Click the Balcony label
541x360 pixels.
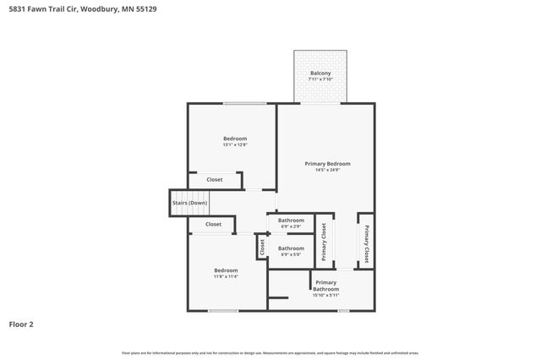[320, 74]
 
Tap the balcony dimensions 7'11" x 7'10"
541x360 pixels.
[320, 79]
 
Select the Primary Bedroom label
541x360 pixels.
[327, 163]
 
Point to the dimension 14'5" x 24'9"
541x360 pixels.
[327, 170]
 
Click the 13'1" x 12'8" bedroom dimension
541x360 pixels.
[235, 145]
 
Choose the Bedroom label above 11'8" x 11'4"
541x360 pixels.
[226, 270]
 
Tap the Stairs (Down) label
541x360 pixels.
[189, 203]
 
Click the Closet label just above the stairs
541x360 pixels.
[215, 179]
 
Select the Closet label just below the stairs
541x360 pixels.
[213, 224]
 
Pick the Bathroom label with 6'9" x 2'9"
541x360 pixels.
[291, 221]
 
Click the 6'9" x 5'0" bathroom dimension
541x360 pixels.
[291, 254]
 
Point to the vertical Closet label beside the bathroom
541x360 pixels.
[263, 248]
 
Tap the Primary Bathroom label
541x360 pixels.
[325, 286]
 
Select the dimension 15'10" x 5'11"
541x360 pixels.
[325, 295]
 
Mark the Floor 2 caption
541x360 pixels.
[21, 324]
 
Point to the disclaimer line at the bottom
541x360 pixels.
[270, 352]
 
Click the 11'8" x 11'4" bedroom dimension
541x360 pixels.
[226, 276]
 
